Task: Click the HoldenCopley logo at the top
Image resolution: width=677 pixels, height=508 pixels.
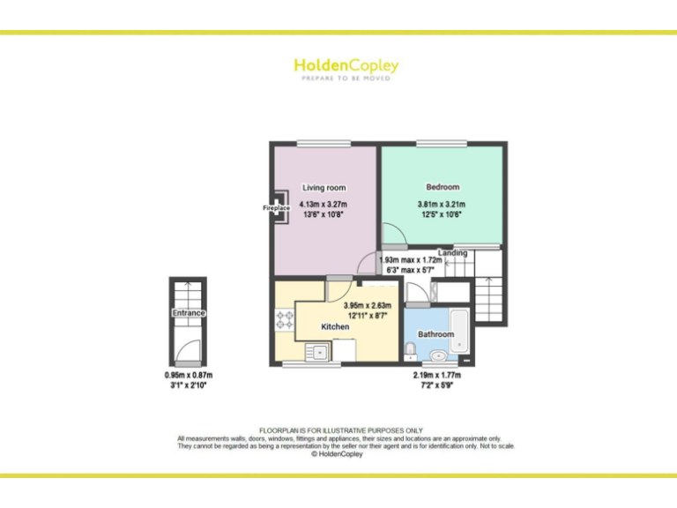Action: pyautogui.click(x=346, y=65)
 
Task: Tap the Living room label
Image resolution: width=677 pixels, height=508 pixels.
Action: pyautogui.click(x=324, y=188)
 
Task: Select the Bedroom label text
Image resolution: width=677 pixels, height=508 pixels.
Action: pyautogui.click(x=443, y=187)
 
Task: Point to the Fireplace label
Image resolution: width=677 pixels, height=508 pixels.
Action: pyautogui.click(x=276, y=208)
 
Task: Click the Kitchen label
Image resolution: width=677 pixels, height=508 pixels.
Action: pyautogui.click(x=335, y=326)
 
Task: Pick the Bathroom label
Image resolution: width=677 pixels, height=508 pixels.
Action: pyautogui.click(x=435, y=334)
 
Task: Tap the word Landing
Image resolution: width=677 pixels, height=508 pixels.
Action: pyautogui.click(x=452, y=253)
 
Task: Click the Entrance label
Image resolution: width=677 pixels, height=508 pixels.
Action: pyautogui.click(x=188, y=313)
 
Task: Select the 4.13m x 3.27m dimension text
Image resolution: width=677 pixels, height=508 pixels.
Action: pyautogui.click(x=324, y=205)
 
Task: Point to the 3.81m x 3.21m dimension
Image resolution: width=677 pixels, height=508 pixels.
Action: pyautogui.click(x=441, y=205)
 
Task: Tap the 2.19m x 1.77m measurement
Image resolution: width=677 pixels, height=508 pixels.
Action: pyautogui.click(x=437, y=375)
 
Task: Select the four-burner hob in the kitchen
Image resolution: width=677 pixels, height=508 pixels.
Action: pyautogui.click(x=285, y=320)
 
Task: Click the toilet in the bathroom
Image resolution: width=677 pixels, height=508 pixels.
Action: pyautogui.click(x=411, y=352)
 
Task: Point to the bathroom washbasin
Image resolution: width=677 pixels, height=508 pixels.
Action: pyautogui.click(x=438, y=358)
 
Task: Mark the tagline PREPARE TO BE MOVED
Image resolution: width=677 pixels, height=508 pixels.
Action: pyautogui.click(x=346, y=78)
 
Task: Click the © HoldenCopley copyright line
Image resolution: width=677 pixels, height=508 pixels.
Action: pyautogui.click(x=339, y=454)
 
